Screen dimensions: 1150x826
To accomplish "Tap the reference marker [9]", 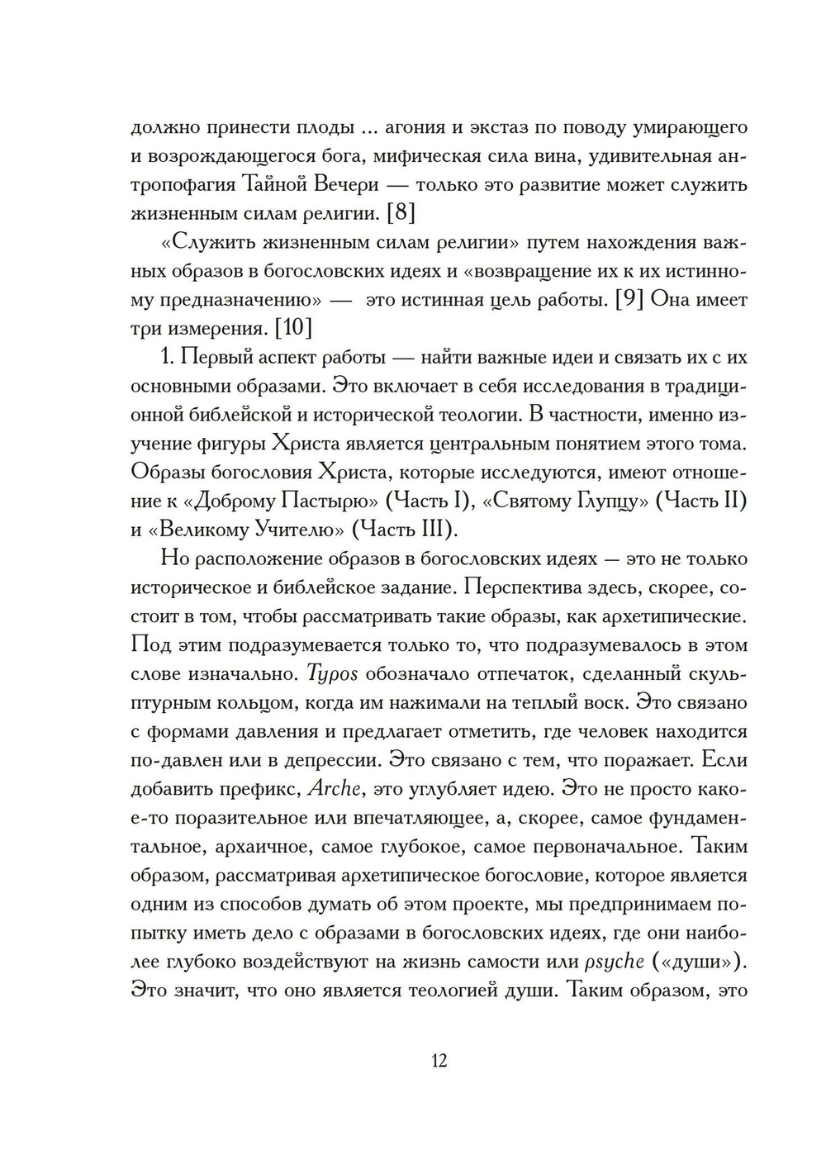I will point(631,299).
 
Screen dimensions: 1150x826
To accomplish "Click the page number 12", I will point(439,1060).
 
